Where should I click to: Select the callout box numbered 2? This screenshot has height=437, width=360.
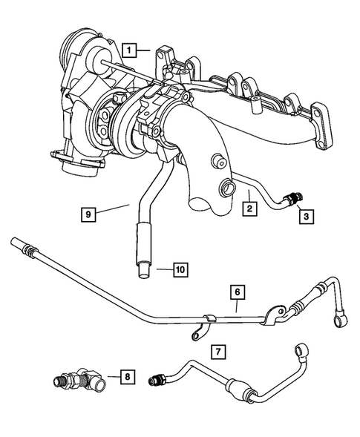click(x=251, y=210)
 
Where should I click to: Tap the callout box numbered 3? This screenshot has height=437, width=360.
click(x=305, y=216)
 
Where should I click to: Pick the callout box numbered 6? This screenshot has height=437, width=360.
click(x=237, y=293)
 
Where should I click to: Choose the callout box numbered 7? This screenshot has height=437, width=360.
click(x=217, y=349)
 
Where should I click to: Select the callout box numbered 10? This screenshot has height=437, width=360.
click(x=180, y=269)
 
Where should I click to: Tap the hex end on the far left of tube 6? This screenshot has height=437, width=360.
click(x=16, y=244)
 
